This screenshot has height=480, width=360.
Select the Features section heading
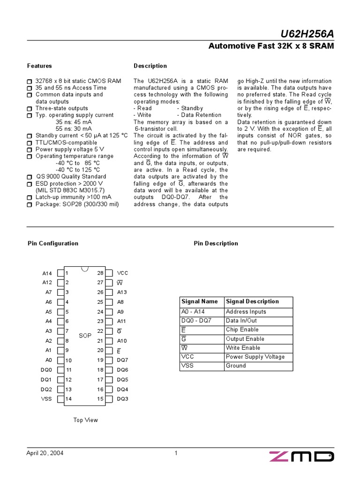[x=39, y=66]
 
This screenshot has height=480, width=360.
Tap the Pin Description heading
[x=216, y=243]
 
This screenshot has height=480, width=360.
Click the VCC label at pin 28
[x=122, y=273]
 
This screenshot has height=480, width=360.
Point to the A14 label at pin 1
[x=47, y=273]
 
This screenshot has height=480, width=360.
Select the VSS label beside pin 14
[x=46, y=399]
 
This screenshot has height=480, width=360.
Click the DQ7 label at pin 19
[x=122, y=360]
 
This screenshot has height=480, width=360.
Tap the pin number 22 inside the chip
[x=100, y=331]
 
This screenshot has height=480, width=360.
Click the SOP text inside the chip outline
[x=85, y=336]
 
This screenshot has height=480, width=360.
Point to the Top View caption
[x=85, y=420]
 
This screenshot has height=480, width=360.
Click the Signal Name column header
[x=200, y=301]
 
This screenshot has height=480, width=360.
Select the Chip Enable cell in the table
[x=242, y=330]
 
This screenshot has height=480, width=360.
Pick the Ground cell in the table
[x=236, y=366]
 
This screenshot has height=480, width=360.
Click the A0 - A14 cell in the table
[x=193, y=312]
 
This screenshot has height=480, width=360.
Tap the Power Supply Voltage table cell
[x=255, y=357]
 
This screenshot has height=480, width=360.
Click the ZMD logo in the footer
[x=301, y=457]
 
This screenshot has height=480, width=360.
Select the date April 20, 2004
[x=45, y=453]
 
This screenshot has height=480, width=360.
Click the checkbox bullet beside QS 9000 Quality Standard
[x=30, y=177]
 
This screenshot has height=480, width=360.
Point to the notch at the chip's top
[x=85, y=269]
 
